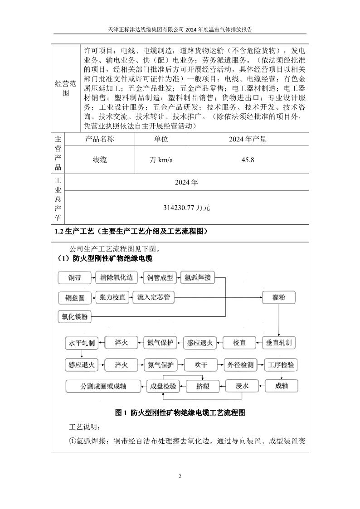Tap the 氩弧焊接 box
pyautogui.click(x=198, y=278)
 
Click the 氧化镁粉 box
pyautogui.click(x=75, y=317)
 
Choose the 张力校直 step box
pyautogui.click(x=113, y=298)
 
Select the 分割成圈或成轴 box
pyautogui.click(x=104, y=386)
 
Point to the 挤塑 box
pyautogui.click(x=202, y=386)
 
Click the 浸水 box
pyautogui.click(x=242, y=386)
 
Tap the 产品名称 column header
pyautogui.click(x=100, y=139)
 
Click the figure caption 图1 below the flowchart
pyautogui.click(x=180, y=413)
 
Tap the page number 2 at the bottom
pyautogui.click(x=180, y=476)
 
